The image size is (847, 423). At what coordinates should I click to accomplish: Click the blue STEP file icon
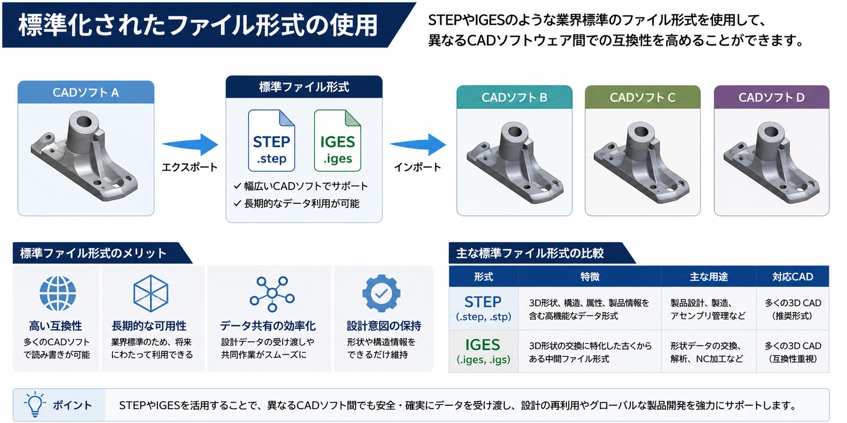point(271,140)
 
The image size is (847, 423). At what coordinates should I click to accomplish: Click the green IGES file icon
point(337,140)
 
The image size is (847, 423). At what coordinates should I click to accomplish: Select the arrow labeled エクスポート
point(190,144)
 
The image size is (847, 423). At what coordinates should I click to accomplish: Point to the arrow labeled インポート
point(418,144)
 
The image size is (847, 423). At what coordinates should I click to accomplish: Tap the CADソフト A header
point(86,92)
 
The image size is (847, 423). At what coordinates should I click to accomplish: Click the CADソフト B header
point(514,97)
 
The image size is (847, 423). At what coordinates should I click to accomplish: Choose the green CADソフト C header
point(642,97)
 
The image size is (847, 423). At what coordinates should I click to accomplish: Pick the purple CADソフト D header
point(771,97)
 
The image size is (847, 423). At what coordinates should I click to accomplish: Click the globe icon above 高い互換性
point(57,293)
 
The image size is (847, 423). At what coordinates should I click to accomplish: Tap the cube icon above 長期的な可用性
point(150,293)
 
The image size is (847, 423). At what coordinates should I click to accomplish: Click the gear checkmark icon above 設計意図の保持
point(381,293)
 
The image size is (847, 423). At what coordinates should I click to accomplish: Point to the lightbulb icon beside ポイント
point(35,405)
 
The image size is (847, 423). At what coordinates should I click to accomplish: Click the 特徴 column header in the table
point(590,277)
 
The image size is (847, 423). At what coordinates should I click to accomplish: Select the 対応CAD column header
point(793,277)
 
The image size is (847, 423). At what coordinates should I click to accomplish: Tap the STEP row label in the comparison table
point(483,308)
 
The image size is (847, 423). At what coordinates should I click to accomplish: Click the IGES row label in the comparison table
point(483,351)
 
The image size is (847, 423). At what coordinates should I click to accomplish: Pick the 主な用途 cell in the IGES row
point(707,352)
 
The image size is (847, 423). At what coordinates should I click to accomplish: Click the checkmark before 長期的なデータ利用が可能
point(237,203)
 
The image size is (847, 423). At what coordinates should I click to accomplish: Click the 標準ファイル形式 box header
point(304,87)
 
